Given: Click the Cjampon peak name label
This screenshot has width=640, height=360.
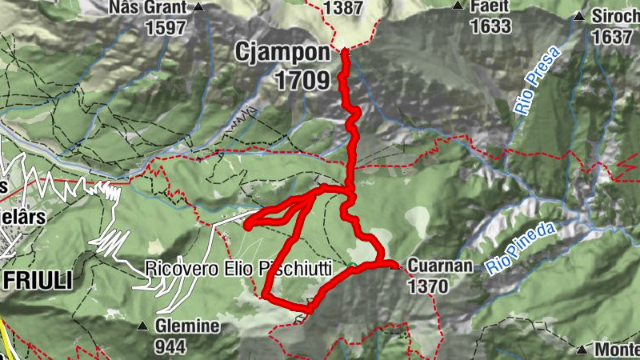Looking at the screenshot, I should tap(282, 53).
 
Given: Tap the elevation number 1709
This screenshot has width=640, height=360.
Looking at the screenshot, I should tap(301, 79).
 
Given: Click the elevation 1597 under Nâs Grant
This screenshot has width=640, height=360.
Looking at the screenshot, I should tap(166, 27).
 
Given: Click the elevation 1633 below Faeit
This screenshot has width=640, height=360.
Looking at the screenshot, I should tap(490, 26).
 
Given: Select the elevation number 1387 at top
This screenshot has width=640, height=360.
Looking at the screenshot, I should tap(343, 8).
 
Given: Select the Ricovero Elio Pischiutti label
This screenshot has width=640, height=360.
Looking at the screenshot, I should tap(238, 270).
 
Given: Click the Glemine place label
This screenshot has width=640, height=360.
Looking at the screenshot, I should tap(188, 326).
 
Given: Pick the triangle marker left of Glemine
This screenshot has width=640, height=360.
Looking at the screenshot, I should tap(142, 326).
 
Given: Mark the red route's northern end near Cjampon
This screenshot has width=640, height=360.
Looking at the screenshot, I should tap(345, 52).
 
